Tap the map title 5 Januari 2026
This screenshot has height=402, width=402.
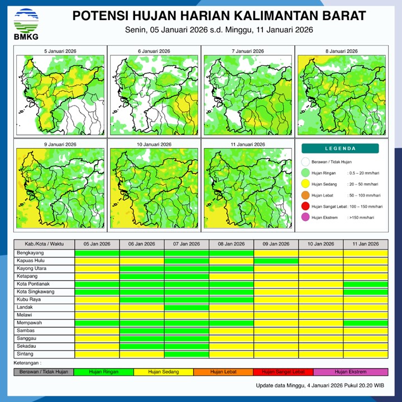click(x=60, y=51)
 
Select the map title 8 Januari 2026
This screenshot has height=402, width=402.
click(x=342, y=51)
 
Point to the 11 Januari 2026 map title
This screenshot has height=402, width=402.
click(x=248, y=145)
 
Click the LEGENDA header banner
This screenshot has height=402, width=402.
click(x=340, y=149)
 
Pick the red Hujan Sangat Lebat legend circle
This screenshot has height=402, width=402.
click(x=305, y=206)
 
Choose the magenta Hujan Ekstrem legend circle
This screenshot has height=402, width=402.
click(x=305, y=217)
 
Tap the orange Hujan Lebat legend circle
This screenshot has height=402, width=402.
click(x=305, y=195)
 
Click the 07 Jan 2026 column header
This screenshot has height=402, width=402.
click(x=186, y=244)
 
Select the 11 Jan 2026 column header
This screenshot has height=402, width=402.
click(x=365, y=244)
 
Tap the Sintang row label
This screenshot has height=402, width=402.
click(x=25, y=354)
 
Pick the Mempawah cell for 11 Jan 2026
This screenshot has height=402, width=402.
click(x=365, y=323)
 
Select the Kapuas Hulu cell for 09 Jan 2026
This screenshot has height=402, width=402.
click(x=276, y=261)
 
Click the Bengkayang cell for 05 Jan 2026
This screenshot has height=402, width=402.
click(x=97, y=253)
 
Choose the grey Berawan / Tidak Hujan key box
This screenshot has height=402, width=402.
click(x=44, y=372)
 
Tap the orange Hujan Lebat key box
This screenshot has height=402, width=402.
click(x=223, y=372)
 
